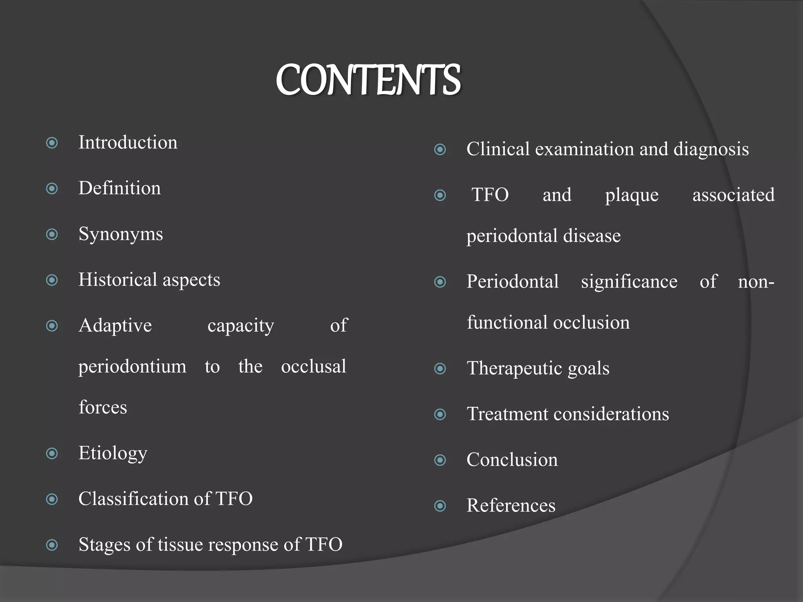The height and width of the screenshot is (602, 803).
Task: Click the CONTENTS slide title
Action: [368, 80]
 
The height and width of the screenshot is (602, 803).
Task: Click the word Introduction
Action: [128, 142]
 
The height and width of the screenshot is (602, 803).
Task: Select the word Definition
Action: [120, 188]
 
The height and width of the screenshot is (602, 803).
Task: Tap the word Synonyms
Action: [121, 234]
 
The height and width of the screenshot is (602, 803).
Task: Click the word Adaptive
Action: [115, 326]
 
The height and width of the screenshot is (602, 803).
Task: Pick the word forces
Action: [103, 408]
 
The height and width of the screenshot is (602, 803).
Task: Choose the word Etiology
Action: [113, 453]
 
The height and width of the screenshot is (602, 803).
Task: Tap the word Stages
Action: [104, 545]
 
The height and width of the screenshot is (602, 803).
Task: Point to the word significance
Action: [629, 282]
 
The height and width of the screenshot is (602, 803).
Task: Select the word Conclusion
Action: [512, 460]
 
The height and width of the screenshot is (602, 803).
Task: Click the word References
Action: [511, 506]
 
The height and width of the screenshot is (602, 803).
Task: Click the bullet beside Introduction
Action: [52, 143]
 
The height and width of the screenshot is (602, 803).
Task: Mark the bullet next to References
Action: [440, 506]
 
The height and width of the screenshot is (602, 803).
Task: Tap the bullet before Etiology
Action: [52, 454]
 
